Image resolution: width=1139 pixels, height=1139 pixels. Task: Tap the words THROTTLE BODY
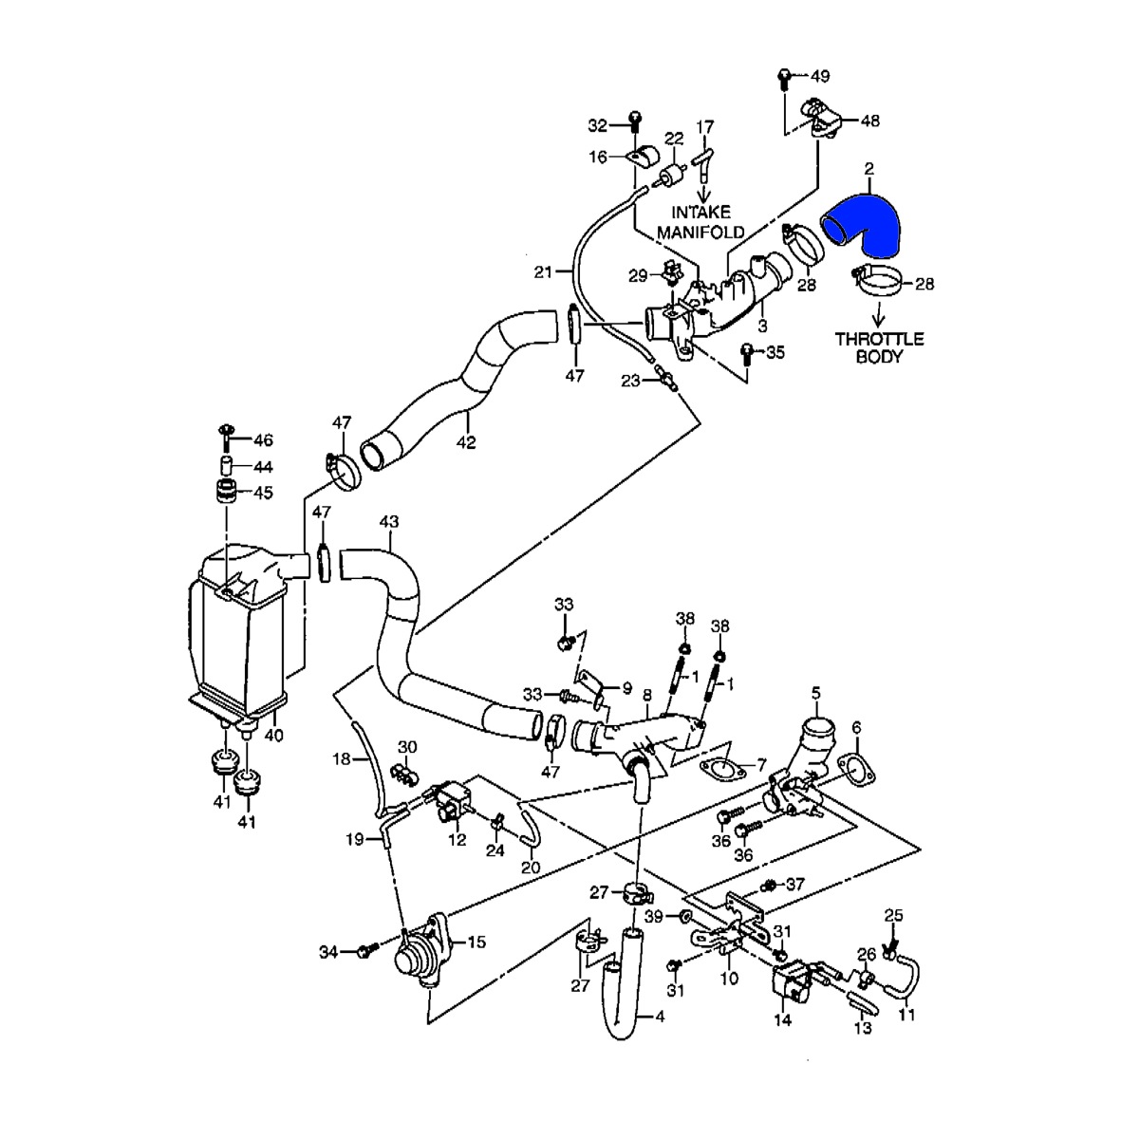pos(879,348)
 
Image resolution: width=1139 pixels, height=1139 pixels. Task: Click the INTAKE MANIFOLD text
pos(708,222)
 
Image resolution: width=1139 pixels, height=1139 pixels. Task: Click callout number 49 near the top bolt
pos(819,74)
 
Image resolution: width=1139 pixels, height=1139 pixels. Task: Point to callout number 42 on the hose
pos(466,441)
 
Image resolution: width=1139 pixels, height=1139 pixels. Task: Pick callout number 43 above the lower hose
pos(389,521)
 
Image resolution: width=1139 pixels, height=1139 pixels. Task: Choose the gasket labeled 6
pos(855,770)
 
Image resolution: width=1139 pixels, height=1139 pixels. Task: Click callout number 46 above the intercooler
pos(262,440)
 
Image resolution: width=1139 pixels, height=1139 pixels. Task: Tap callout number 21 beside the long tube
pos(543,272)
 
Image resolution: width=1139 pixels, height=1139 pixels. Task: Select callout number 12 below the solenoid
pos(457,840)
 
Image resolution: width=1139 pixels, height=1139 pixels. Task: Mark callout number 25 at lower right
pos(893,915)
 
